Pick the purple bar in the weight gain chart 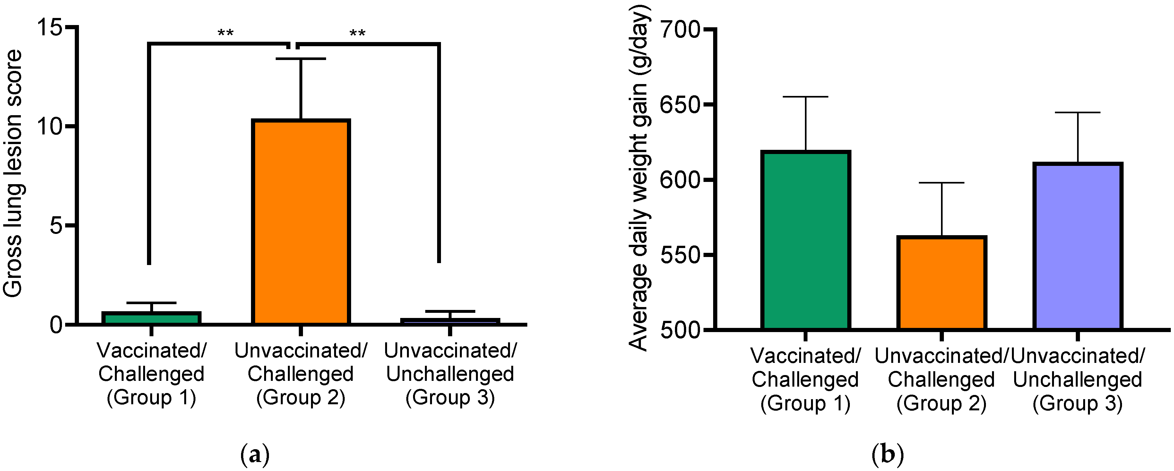tap(1077, 246)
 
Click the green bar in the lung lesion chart tap(151, 318)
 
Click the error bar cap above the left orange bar tap(301, 59)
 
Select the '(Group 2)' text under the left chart tap(301, 398)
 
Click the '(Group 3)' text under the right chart tap(1077, 404)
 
